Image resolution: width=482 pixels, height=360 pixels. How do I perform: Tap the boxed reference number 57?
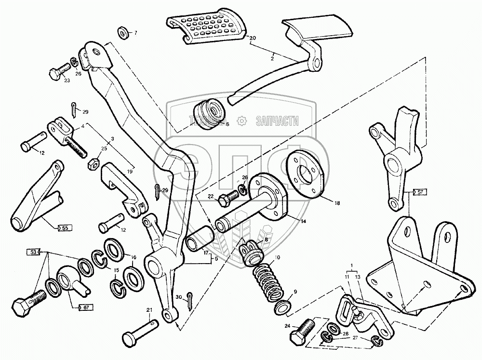pyautogui.click(x=420, y=192)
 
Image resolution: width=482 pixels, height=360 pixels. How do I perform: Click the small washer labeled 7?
pyautogui.click(x=122, y=33)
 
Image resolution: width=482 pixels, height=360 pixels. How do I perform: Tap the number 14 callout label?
pyautogui.click(x=303, y=221)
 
